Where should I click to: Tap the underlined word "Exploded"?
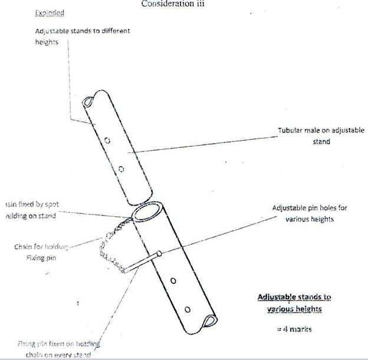click(50, 12)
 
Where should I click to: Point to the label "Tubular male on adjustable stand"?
click(321, 136)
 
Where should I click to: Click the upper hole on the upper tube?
click(107, 141)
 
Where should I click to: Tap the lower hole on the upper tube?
click(121, 169)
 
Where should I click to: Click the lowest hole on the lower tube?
click(187, 309)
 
